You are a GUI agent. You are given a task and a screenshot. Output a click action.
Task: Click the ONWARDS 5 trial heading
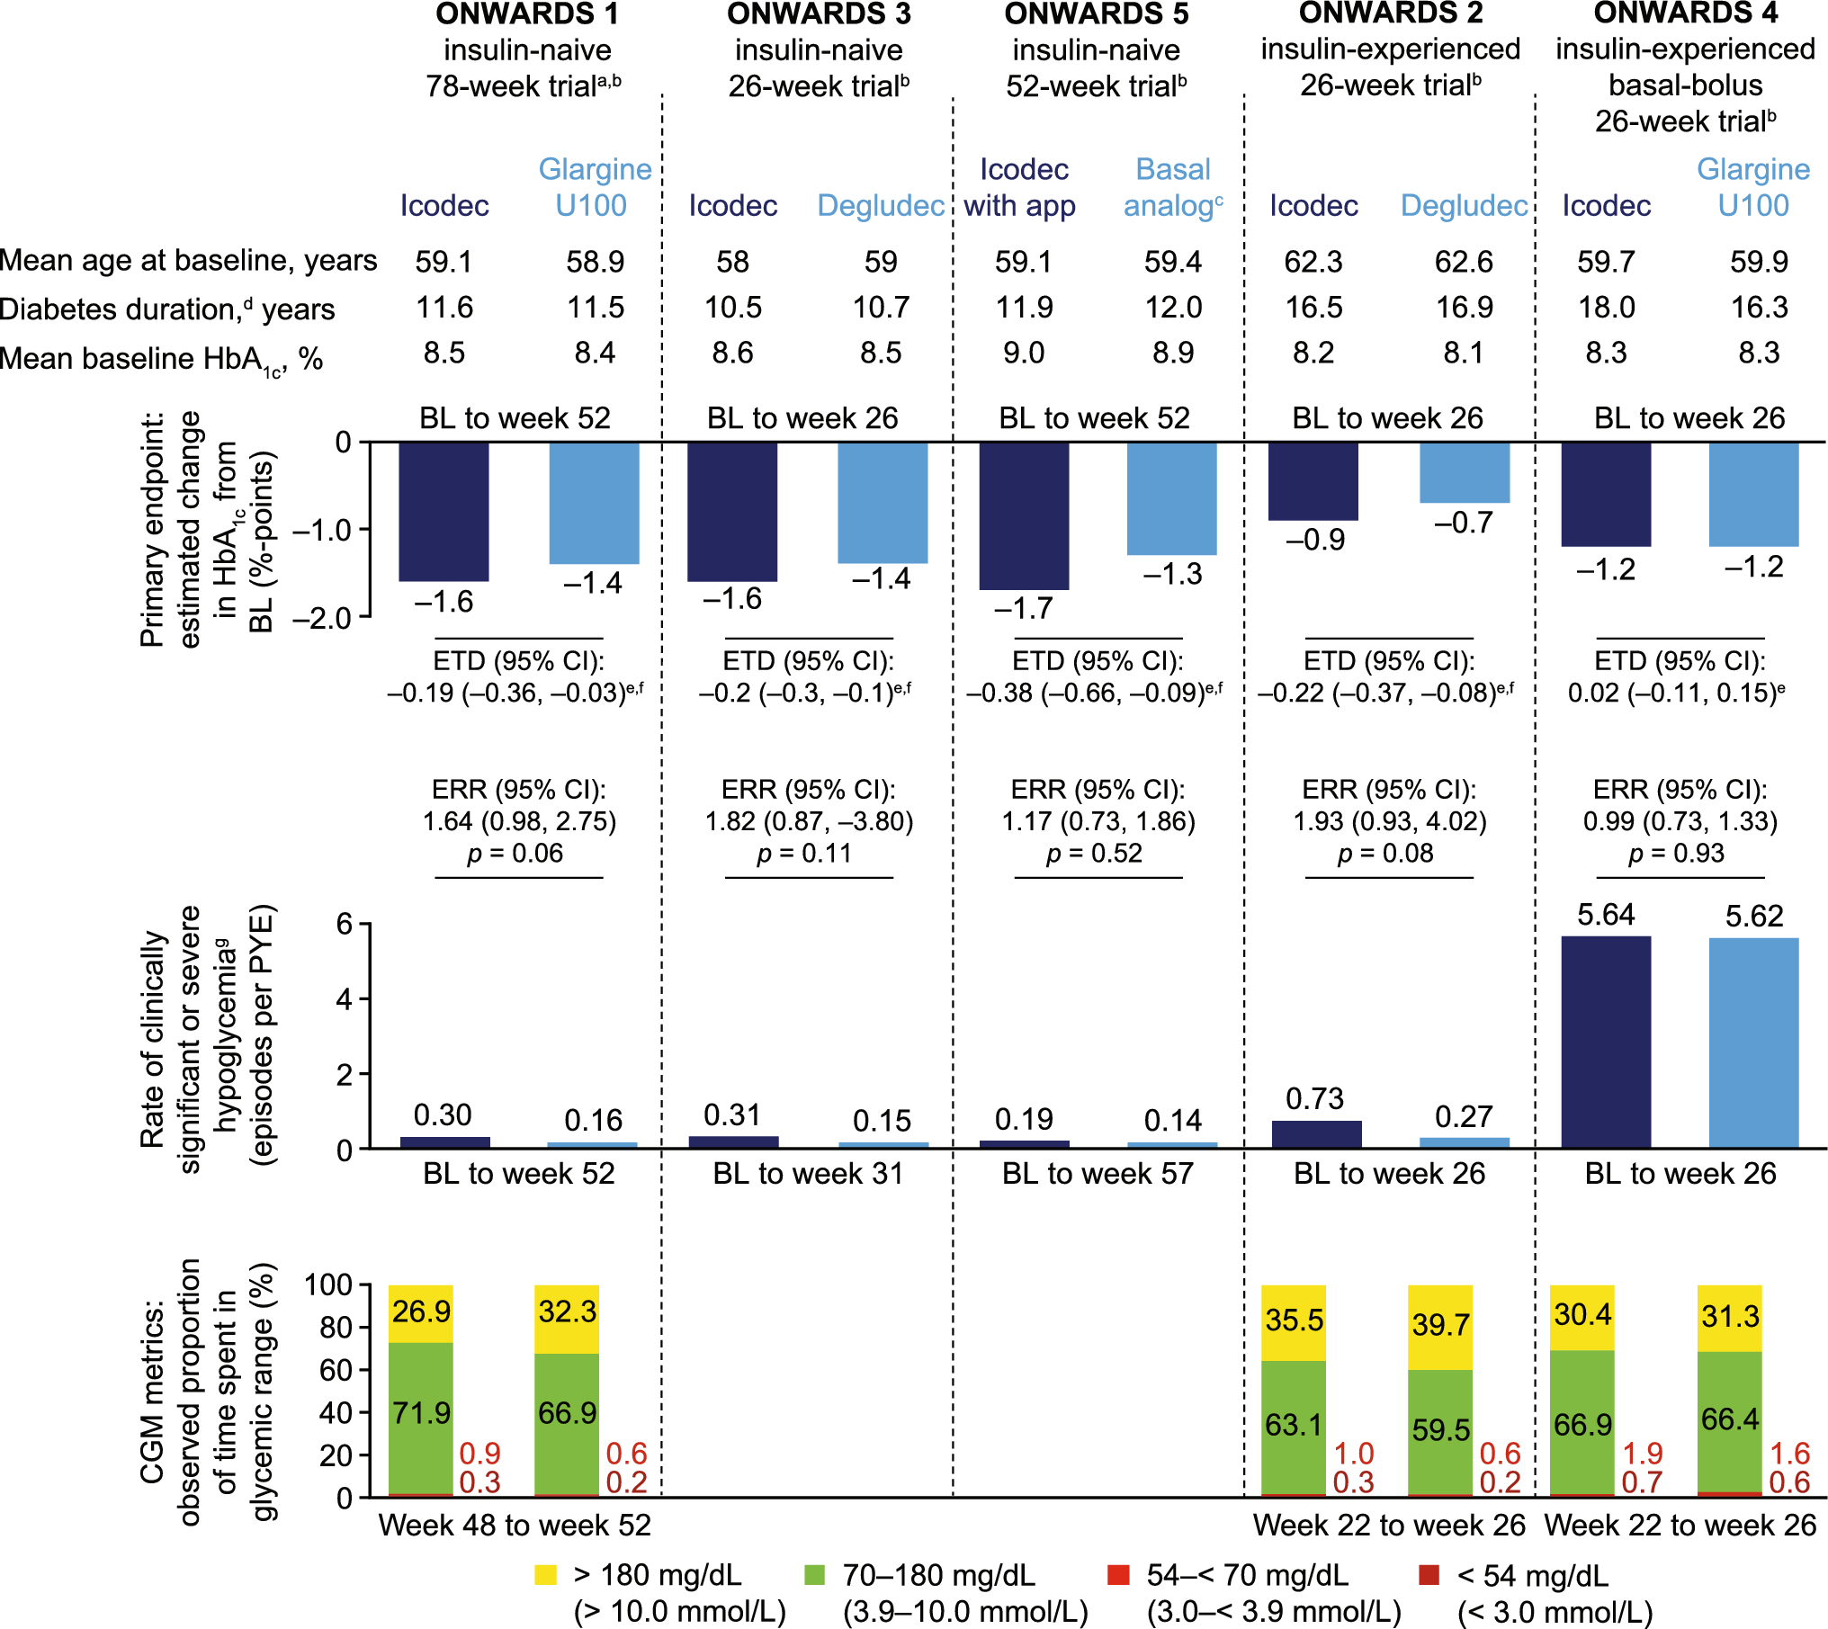coord(1096,14)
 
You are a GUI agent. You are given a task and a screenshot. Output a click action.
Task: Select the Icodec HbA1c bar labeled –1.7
coord(1024,515)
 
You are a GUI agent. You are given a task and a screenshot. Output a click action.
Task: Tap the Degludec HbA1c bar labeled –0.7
coord(1464,472)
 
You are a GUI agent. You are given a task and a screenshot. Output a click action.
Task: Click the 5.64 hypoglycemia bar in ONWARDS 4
coord(1606,1042)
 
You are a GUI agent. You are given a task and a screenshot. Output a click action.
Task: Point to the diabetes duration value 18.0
coord(1607,308)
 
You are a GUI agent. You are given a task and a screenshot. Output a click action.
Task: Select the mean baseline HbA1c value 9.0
coord(1024,353)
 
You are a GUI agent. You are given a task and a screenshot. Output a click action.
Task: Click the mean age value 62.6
coord(1464,262)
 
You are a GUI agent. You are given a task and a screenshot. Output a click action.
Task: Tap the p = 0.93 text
coord(1677,853)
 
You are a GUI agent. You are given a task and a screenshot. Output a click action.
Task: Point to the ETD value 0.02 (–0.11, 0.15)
coord(1675,693)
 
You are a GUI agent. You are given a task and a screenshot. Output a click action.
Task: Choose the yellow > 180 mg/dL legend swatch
coord(545,1575)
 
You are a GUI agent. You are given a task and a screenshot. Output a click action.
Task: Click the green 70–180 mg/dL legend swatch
coord(814,1575)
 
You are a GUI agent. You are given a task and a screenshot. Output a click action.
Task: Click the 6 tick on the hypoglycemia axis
coord(343,924)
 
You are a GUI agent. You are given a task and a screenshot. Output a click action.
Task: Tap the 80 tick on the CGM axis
coord(336,1328)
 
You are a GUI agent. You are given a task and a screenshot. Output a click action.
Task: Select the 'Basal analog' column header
coord(1173,187)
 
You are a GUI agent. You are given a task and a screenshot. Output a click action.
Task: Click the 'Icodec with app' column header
coord(1023,187)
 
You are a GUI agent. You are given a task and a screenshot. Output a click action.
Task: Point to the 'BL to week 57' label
coord(1098,1174)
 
